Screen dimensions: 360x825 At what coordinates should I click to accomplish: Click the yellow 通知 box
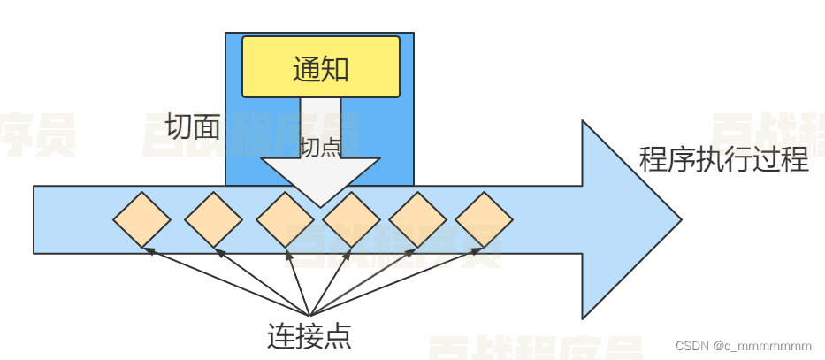pos(320,66)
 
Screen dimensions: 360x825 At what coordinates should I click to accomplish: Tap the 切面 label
pos(193,127)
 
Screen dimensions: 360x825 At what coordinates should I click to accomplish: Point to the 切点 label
pos(320,147)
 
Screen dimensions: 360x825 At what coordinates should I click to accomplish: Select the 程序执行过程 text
pos(723,160)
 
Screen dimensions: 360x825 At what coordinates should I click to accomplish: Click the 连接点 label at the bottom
pos(309,336)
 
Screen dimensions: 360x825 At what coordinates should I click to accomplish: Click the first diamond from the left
pos(141,218)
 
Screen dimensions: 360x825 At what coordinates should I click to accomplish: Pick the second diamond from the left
pos(213,218)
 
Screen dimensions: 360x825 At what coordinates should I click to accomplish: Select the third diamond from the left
pos(285,218)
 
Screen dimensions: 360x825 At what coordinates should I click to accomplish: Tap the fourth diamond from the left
pos(350,218)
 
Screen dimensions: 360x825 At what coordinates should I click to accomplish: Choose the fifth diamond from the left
pos(417,218)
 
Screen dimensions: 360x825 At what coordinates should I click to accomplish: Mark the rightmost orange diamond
pos(484,218)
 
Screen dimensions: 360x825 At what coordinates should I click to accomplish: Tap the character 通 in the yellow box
pos(306,68)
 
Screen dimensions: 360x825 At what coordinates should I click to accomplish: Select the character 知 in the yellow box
pos(335,68)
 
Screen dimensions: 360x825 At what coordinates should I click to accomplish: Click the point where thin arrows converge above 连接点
pos(309,315)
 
